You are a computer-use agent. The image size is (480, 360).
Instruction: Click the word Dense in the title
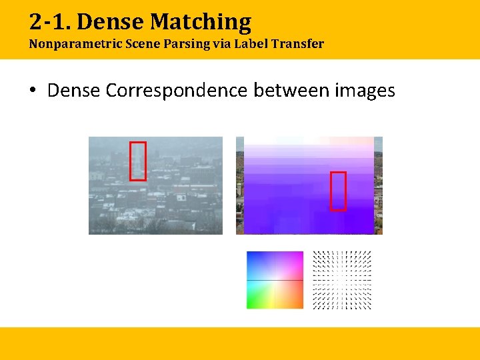click(x=111, y=22)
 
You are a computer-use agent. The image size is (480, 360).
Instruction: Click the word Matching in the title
click(x=201, y=22)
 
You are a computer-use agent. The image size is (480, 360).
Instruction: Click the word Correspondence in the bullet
click(x=176, y=90)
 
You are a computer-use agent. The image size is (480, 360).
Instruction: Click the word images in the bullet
click(x=365, y=90)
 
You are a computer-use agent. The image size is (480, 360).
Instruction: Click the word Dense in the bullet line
click(x=74, y=90)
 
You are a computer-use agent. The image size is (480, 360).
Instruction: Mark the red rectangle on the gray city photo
click(x=137, y=161)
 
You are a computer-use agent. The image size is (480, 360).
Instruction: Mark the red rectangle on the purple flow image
click(x=339, y=191)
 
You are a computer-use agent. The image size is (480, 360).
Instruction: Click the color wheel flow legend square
click(x=275, y=280)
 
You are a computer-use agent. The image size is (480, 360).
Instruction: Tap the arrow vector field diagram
click(x=342, y=280)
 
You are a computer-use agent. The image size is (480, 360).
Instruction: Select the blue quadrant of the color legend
click(x=260, y=265)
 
